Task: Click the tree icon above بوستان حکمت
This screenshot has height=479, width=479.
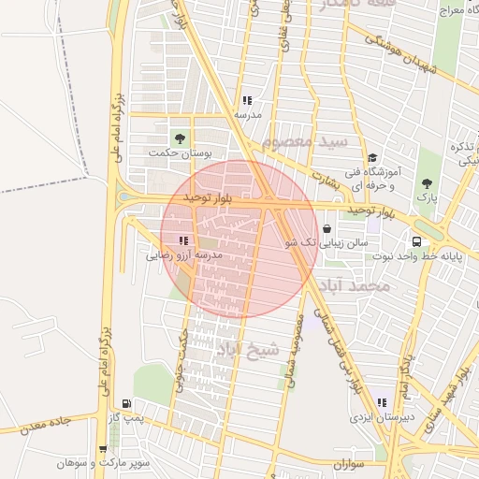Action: (181, 138)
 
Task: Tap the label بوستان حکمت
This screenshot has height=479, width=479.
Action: (181, 152)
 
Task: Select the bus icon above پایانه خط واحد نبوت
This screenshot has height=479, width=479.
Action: (416, 241)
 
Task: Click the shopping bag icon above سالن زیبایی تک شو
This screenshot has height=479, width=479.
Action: (327, 228)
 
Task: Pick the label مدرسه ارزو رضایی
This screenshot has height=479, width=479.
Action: (184, 254)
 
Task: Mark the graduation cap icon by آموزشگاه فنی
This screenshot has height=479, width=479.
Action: (372, 158)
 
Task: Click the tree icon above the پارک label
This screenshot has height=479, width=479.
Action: (427, 183)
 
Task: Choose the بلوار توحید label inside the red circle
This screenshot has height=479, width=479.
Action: (206, 198)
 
